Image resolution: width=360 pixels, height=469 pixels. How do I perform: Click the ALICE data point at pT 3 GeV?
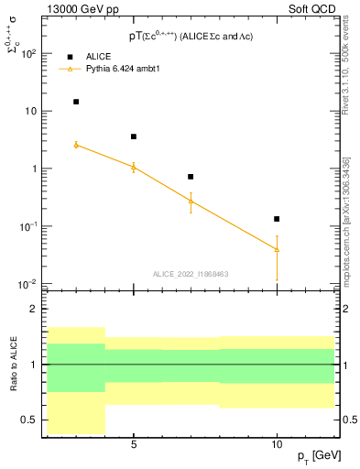(76, 102)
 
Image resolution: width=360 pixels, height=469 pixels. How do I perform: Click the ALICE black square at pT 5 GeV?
(134, 136)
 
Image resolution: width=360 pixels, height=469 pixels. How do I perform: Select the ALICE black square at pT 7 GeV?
(191, 177)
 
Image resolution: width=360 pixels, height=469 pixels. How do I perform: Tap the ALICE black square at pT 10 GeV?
(277, 219)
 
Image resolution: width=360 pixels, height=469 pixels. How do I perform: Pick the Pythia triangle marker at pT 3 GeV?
(76, 145)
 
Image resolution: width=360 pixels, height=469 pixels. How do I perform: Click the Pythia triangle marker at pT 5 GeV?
(134, 167)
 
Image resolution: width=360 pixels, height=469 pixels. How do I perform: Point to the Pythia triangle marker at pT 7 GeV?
(191, 201)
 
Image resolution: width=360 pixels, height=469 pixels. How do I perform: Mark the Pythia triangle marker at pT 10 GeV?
(277, 249)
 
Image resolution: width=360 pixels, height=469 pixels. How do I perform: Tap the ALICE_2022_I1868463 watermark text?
(191, 273)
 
